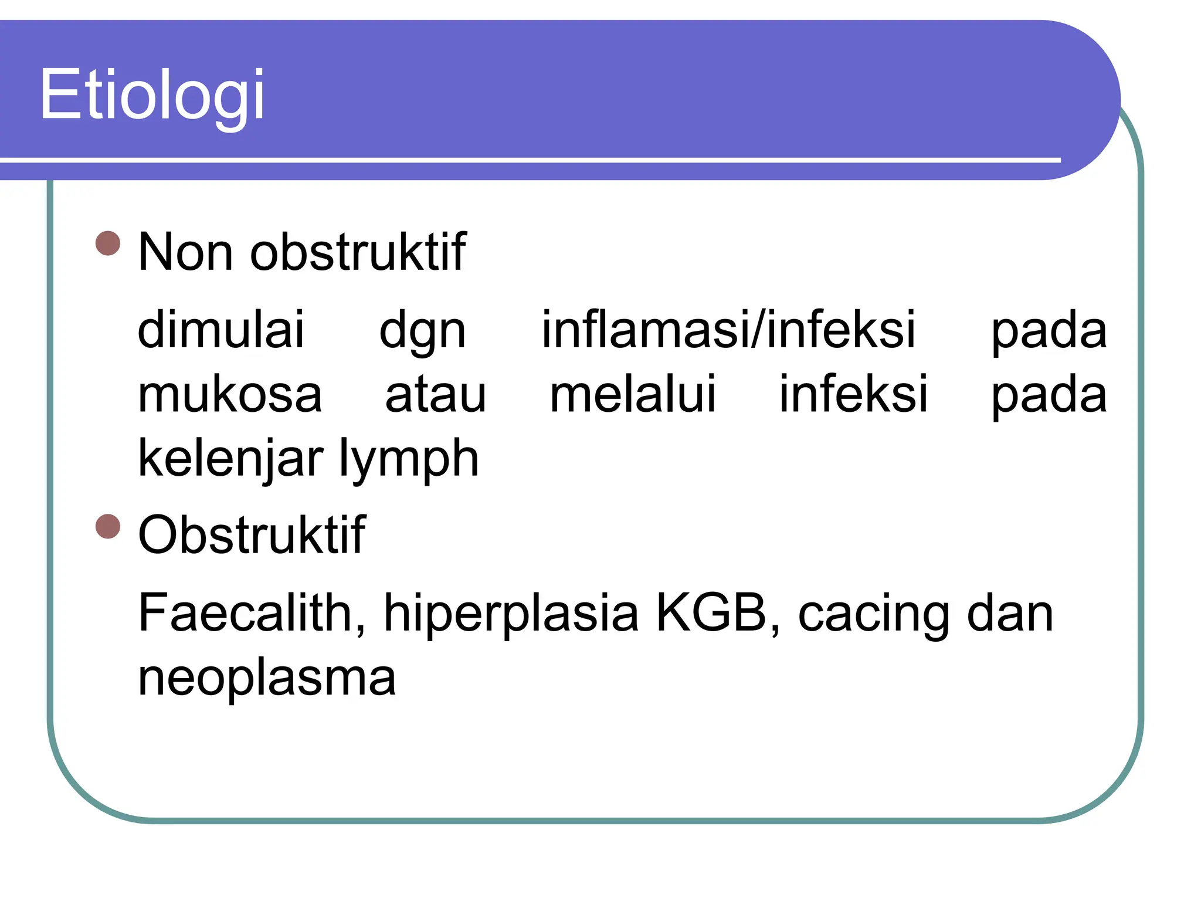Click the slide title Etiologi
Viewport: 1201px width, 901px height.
point(152,95)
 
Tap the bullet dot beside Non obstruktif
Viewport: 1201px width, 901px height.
point(108,243)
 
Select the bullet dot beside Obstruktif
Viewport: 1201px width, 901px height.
point(108,526)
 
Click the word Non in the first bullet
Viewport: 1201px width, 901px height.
point(185,252)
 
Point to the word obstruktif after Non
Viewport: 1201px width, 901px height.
point(358,252)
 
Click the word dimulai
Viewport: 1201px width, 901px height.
point(221,330)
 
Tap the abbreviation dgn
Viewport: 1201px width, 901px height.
point(422,332)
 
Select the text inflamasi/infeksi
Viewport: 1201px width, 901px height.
point(728,330)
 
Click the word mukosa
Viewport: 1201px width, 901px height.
point(230,394)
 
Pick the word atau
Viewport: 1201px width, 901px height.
point(436,394)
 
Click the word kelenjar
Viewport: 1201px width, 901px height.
point(230,459)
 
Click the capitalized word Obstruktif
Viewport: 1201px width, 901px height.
point(252,534)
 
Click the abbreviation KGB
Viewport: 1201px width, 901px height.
point(711,613)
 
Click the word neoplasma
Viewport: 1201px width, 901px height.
point(267,679)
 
